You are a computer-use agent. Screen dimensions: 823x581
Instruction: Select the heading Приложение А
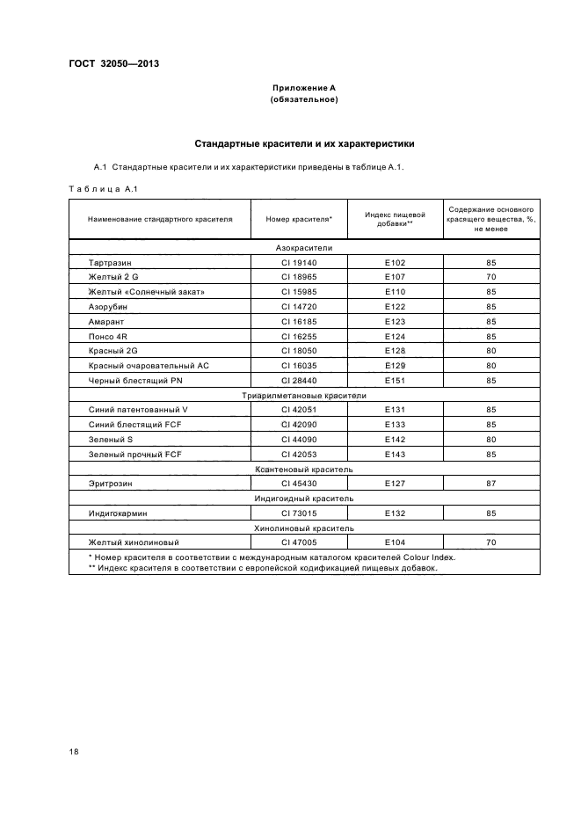[303, 88]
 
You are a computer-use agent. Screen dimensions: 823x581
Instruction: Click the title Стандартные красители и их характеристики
[303, 143]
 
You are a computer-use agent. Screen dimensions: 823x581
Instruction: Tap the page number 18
[74, 751]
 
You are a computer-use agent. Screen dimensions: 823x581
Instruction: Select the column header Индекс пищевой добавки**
[395, 219]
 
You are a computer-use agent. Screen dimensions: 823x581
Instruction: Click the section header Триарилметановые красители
[303, 396]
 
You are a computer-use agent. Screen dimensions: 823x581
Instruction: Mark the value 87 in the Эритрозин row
[490, 484]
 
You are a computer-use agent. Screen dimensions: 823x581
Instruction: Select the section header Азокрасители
[303, 248]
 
